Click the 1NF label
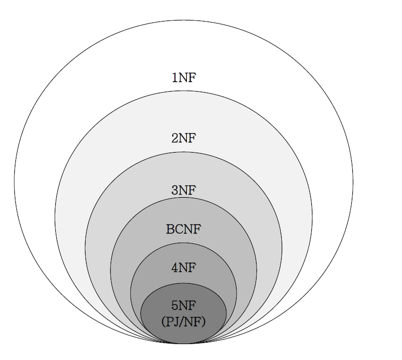pyautogui.click(x=183, y=78)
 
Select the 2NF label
pyautogui.click(x=183, y=138)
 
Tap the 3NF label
pyautogui.click(x=183, y=190)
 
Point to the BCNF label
pyautogui.click(x=183, y=229)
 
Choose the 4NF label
pyautogui.click(x=183, y=267)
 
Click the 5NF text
pyautogui.click(x=183, y=306)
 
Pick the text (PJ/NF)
pyautogui.click(x=183, y=322)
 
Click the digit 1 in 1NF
pyautogui.click(x=175, y=78)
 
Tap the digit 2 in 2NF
pyautogui.click(x=175, y=138)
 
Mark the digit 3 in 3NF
pyautogui.click(x=175, y=190)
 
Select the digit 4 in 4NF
pyautogui.click(x=175, y=267)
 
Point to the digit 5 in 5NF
pyautogui.click(x=175, y=306)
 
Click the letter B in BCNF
pyautogui.click(x=170, y=229)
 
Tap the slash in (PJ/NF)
pyautogui.click(x=183, y=322)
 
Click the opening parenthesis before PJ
pyautogui.click(x=163, y=322)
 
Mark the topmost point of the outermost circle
pyautogui.click(x=183, y=20)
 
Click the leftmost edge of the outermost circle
pyautogui.click(x=14, y=182)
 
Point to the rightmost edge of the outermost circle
pyautogui.click(x=353, y=182)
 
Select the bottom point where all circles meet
pyautogui.click(x=183, y=343)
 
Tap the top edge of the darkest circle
pyautogui.click(x=183, y=283)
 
